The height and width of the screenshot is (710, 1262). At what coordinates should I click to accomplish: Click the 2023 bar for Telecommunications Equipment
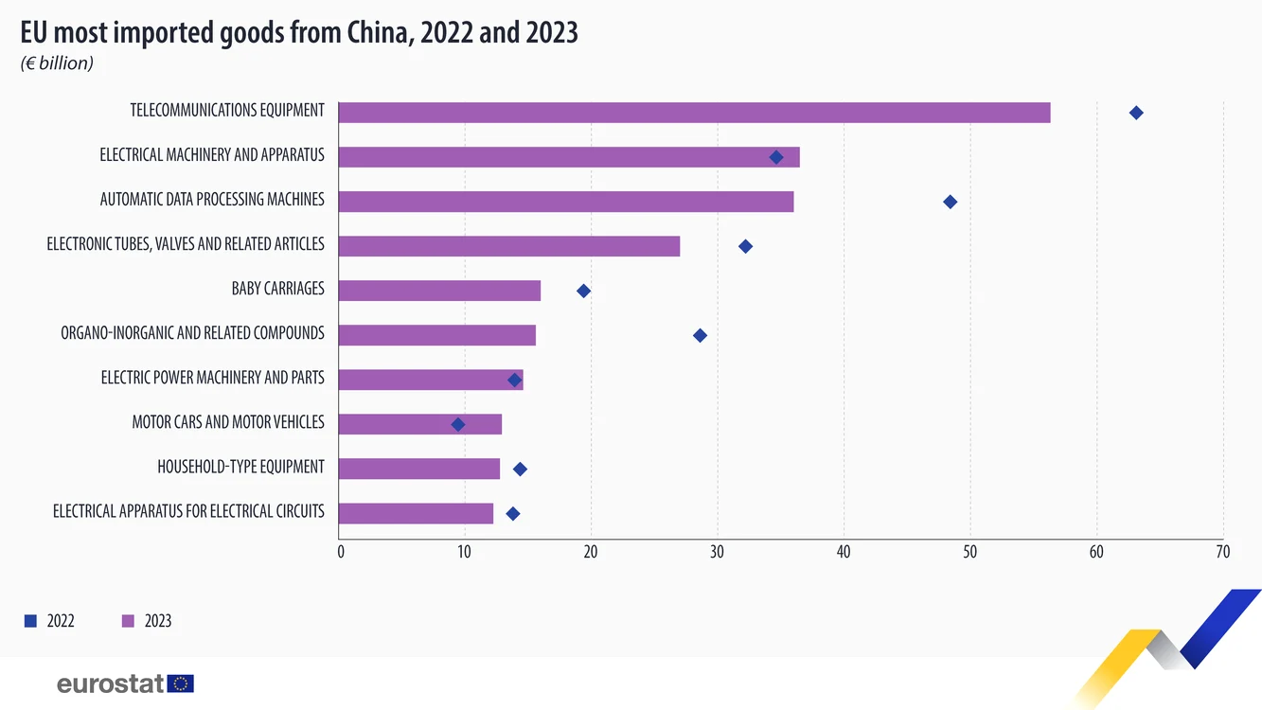coord(694,113)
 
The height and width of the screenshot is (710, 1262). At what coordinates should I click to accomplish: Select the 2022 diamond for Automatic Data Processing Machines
coord(950,202)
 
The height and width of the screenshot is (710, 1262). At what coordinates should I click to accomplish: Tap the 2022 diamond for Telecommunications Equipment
coord(1136,113)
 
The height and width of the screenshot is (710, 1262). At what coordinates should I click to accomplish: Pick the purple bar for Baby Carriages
coord(439,291)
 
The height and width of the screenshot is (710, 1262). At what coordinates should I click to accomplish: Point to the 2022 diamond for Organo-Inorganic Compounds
coord(700,335)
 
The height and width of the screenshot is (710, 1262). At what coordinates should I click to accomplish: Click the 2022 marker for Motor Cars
coord(458,424)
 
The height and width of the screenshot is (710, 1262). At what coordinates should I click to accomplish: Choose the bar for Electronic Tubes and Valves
coord(509,246)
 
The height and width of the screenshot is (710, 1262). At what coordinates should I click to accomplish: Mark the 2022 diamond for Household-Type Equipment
coord(520,469)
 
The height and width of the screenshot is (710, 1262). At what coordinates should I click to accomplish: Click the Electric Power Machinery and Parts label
coord(212,378)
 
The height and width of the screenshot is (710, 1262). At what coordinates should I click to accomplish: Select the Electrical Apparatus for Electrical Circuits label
coord(188,511)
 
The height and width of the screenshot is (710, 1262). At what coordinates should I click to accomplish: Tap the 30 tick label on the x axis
coord(717,552)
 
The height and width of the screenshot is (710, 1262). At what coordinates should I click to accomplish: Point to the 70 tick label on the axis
coord(1222,552)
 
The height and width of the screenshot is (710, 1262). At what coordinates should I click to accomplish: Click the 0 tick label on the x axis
coord(341,552)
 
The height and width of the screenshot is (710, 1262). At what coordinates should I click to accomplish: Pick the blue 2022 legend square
coord(30,621)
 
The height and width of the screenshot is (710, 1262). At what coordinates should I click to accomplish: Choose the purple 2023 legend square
coord(129,621)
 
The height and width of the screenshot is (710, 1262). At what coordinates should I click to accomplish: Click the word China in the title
coord(377,32)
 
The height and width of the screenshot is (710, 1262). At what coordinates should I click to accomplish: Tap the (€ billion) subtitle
coord(57,63)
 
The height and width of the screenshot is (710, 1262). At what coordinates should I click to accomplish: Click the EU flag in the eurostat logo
coord(180,683)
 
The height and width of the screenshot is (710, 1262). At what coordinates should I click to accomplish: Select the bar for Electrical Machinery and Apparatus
coord(569,157)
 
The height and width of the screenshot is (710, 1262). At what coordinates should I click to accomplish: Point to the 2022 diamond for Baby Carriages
coord(584,291)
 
